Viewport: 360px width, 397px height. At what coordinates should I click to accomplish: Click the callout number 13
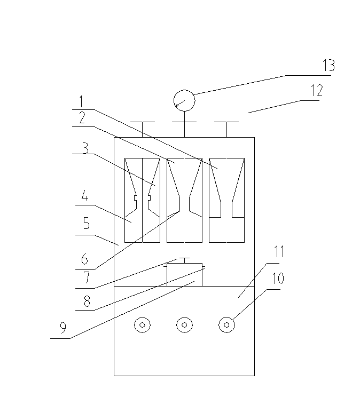coord(328,66)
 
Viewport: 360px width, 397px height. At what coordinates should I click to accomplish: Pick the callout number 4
coord(84,197)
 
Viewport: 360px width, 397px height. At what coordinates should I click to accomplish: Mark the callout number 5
coord(85,226)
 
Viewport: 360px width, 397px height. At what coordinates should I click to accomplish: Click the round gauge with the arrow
coord(184,100)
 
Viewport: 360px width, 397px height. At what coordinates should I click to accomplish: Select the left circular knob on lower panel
coord(142,324)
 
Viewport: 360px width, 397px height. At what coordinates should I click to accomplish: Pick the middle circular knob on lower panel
coord(184,324)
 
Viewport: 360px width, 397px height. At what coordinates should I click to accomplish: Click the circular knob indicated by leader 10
coord(227,324)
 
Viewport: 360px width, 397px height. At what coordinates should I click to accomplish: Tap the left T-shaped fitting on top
coord(142,128)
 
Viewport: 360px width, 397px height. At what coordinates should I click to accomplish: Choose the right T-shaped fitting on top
coord(226,128)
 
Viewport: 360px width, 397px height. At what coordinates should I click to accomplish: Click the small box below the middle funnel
coord(184,274)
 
